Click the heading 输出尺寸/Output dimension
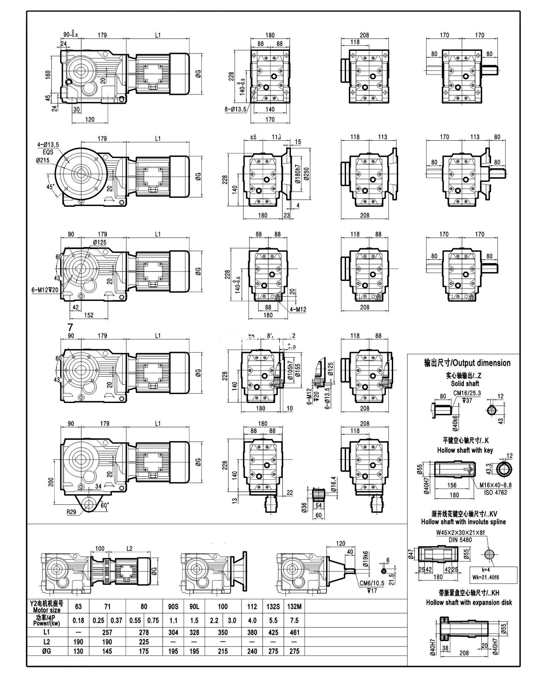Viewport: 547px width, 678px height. [x=467, y=363]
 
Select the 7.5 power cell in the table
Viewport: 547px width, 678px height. [x=294, y=620]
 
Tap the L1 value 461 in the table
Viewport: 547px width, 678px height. [x=294, y=632]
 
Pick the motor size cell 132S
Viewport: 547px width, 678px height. [x=273, y=606]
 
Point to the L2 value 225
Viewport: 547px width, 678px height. [x=144, y=642]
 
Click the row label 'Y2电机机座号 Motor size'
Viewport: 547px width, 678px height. [x=46, y=606]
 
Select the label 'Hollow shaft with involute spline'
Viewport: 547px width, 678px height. [x=463, y=522]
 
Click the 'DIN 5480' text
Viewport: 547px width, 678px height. [x=460, y=540]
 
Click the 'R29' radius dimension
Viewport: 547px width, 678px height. [x=72, y=512]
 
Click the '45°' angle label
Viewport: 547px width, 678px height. [x=50, y=187]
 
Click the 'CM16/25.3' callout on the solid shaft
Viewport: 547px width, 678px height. [x=466, y=393]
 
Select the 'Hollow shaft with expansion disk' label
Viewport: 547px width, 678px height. [x=469, y=602]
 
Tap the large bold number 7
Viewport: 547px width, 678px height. [x=70, y=327]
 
